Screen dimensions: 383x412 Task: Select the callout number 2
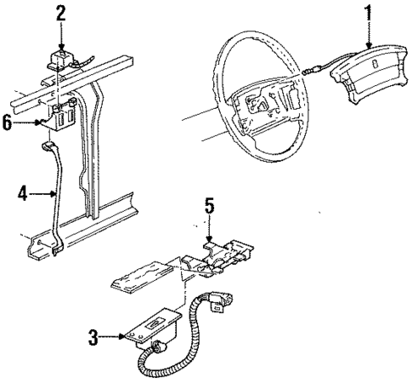pos(60,13)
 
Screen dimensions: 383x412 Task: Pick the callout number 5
pos(210,205)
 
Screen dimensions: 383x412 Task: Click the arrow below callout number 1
pos(368,38)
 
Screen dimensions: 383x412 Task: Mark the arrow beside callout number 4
pos(44,195)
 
